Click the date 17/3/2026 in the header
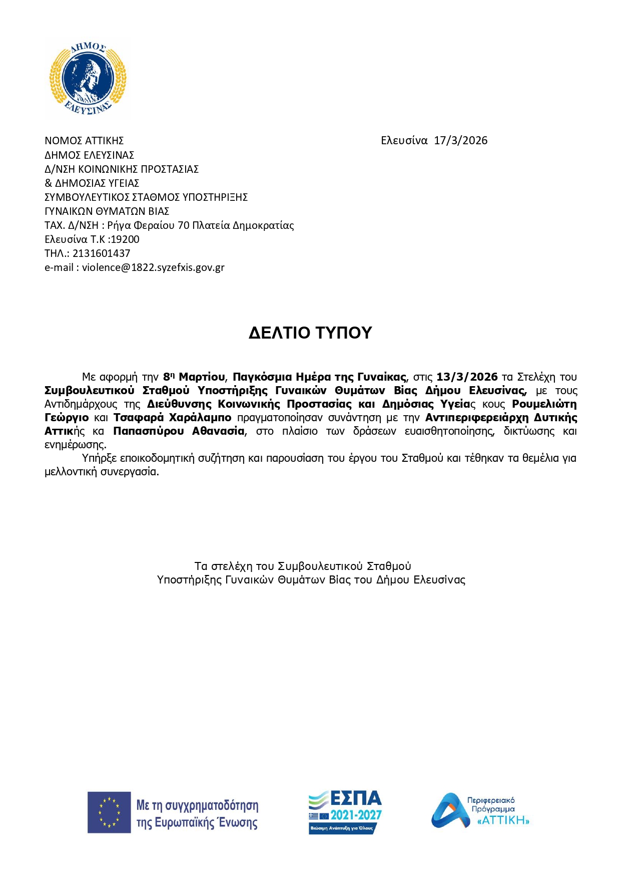460,141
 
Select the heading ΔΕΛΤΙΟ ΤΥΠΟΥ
310,333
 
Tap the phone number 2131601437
101,253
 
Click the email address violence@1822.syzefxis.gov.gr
153,267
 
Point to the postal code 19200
125,239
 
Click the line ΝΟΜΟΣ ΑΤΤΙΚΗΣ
84,141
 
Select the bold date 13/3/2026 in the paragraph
467,377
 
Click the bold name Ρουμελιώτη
544,404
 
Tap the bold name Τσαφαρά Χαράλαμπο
172,418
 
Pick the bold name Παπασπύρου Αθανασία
179,431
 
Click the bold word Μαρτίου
202,377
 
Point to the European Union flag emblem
109,812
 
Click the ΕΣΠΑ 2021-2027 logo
345,812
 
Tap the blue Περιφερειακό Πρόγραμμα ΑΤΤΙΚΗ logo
480,810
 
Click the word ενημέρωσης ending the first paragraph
75,445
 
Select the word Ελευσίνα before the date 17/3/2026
404,141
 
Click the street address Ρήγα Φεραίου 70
147,225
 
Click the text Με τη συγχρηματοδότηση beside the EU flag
197,805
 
